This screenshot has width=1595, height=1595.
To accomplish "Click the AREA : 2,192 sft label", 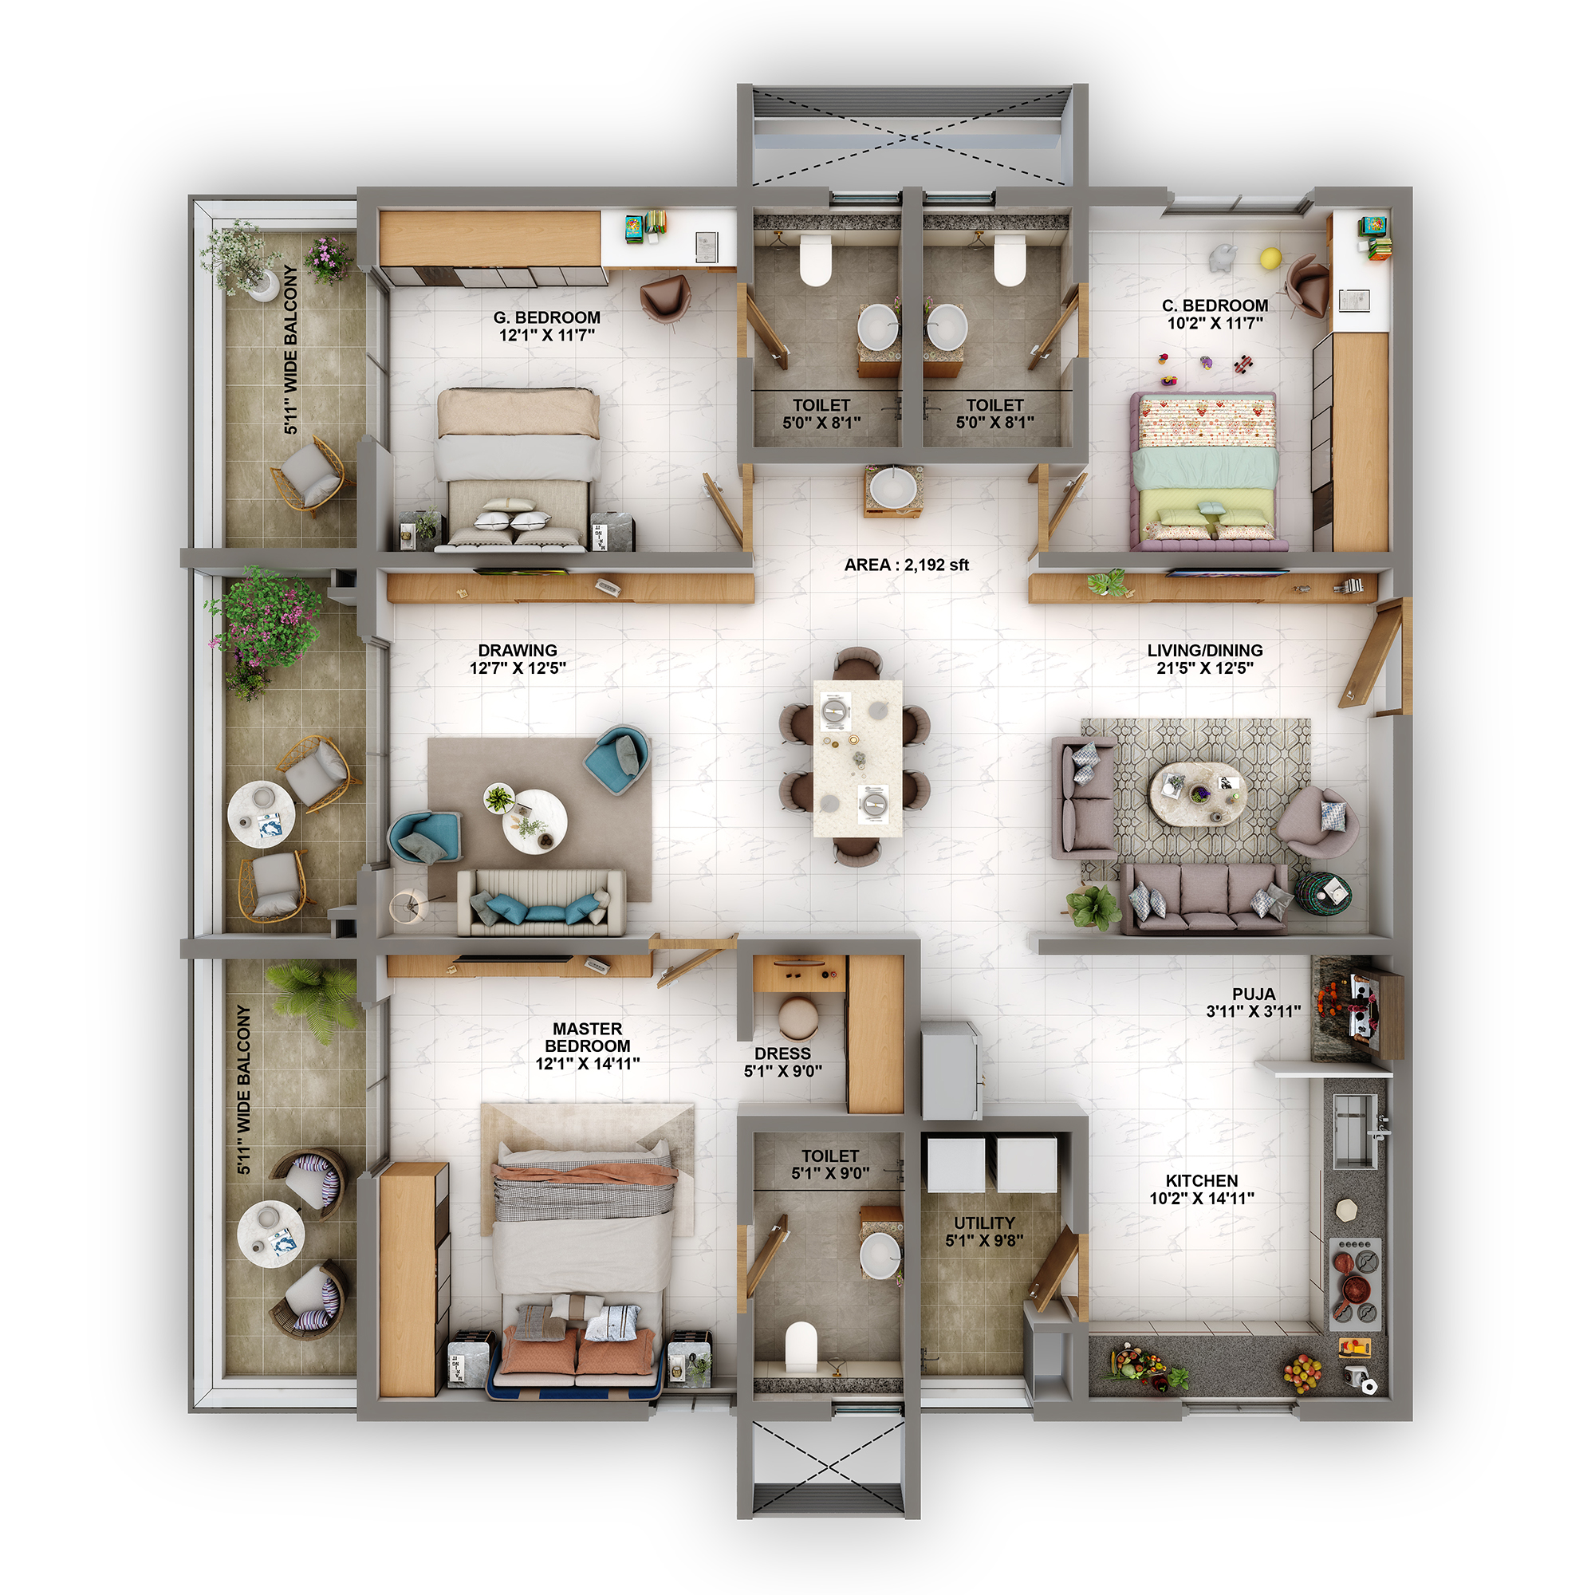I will [906, 565].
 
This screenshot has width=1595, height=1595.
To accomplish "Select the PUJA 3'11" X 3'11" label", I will [1253, 1002].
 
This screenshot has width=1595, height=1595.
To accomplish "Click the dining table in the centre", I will [857, 758].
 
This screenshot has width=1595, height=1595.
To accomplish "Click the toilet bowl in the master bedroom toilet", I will [800, 1348].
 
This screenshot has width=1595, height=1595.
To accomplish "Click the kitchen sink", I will [1355, 1130].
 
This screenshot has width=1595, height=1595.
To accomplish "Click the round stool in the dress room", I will [797, 1018].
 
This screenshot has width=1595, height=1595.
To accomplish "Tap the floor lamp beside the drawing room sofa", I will [407, 906].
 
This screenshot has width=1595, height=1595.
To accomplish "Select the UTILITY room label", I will [984, 1223].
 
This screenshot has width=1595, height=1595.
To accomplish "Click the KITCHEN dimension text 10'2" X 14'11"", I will [1202, 1199].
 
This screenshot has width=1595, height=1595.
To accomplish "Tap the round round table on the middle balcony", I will [261, 813].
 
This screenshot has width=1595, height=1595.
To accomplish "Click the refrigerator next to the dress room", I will [951, 1071].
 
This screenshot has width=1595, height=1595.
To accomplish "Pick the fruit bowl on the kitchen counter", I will [1302, 1373].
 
